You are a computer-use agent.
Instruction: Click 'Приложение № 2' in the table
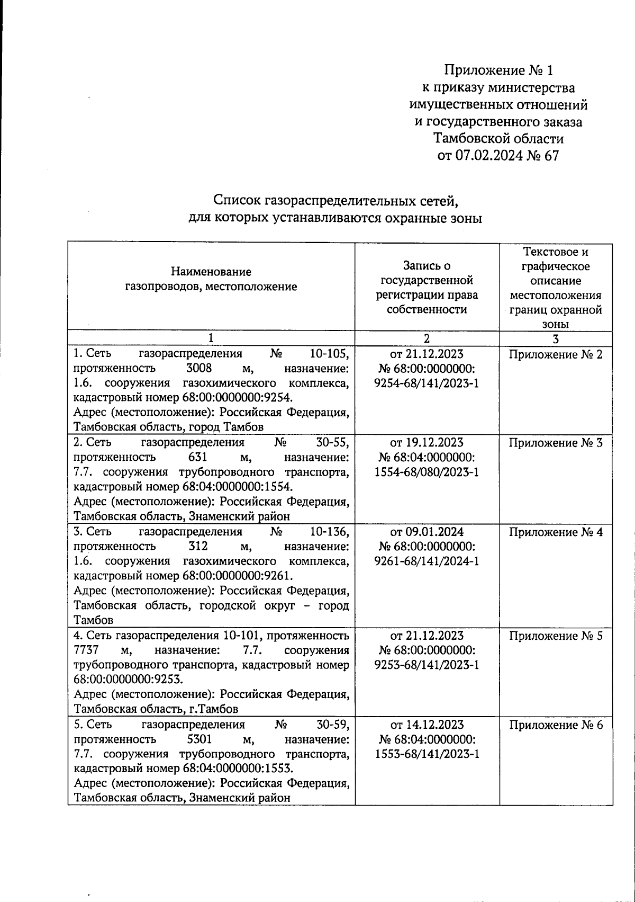click(556, 354)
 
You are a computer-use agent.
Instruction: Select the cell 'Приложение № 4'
click(556, 532)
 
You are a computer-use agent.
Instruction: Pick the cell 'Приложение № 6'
click(556, 725)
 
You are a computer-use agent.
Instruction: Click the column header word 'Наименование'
click(211, 272)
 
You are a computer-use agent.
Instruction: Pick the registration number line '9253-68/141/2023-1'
click(427, 665)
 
